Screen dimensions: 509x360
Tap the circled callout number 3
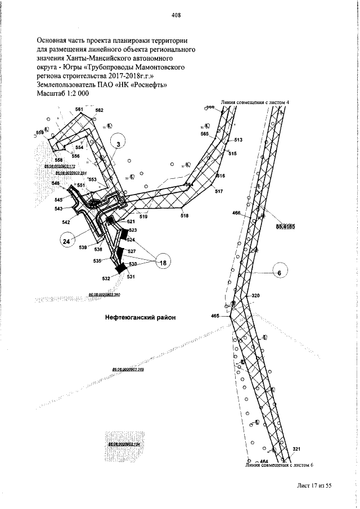(x=119, y=145)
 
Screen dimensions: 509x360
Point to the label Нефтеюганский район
(x=141, y=317)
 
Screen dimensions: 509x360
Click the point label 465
(x=215, y=317)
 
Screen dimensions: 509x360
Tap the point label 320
(x=255, y=296)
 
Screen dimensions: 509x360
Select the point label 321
(x=298, y=449)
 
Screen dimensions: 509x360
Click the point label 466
(x=236, y=213)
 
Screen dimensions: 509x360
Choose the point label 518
(x=184, y=215)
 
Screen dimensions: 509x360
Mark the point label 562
(x=99, y=110)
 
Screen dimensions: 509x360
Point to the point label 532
(x=106, y=278)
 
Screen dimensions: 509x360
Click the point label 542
(x=66, y=222)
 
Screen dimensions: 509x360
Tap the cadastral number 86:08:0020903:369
(x=129, y=370)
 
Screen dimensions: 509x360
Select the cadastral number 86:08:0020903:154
(x=123, y=444)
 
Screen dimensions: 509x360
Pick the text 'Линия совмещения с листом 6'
(x=278, y=466)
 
